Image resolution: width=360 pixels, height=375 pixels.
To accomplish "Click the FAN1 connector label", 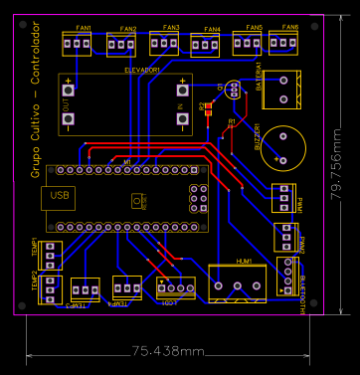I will (x=84, y=27).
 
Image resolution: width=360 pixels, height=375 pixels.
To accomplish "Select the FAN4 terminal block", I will (x=205, y=43).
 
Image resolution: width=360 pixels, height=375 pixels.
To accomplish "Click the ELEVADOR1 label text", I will (x=142, y=71).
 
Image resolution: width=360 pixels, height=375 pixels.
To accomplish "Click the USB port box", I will (x=61, y=196).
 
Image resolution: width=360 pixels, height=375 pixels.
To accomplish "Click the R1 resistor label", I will (x=232, y=121).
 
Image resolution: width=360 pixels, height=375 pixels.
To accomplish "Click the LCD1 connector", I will (x=175, y=287).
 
